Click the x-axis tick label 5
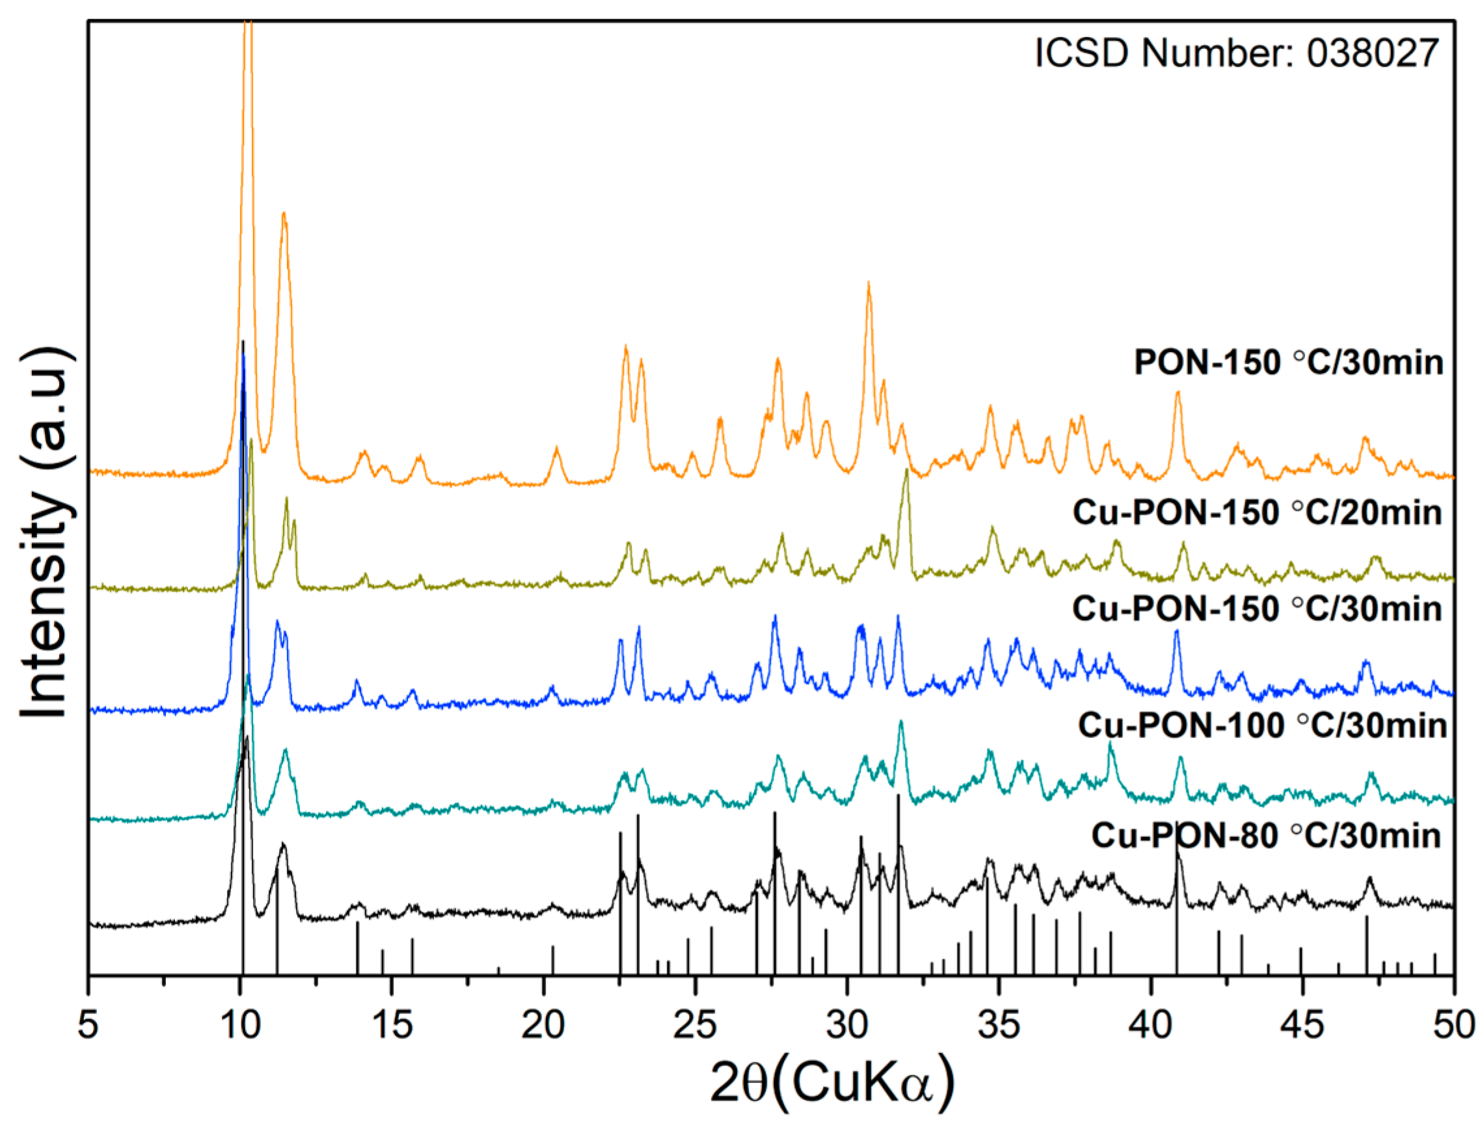click(88, 1026)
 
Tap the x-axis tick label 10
click(240, 1026)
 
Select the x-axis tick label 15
click(392, 1026)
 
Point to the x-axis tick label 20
click(543, 1026)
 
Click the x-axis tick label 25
click(695, 1026)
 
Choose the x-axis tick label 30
click(848, 1026)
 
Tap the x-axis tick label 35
click(999, 1026)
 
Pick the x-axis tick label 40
click(1151, 1026)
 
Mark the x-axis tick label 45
click(1302, 1026)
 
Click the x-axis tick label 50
click(1453, 1026)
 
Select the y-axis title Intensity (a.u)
click(46, 533)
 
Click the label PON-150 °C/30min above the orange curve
click(1288, 363)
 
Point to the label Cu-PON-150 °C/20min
click(1258, 513)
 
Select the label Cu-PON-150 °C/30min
click(1258, 609)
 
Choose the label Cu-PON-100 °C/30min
click(1263, 726)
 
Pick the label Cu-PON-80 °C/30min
click(1266, 836)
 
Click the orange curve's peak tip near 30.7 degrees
click(869, 284)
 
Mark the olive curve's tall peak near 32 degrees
click(906, 471)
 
